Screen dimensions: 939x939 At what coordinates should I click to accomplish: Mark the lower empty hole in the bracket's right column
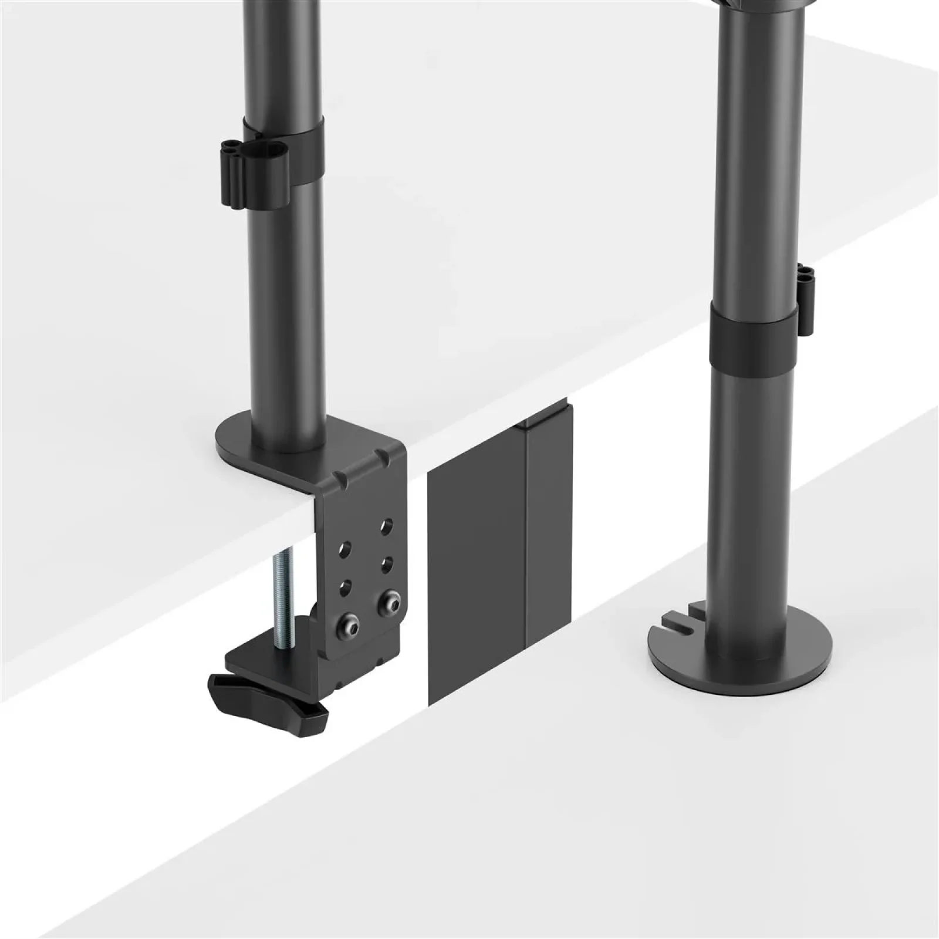pyautogui.click(x=386, y=564)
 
